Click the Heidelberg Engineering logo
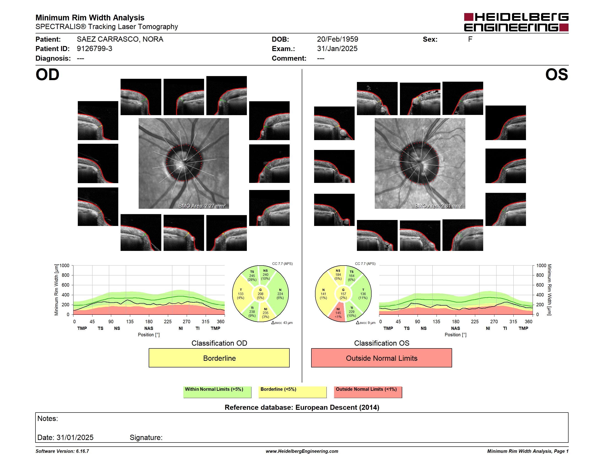pos(516,22)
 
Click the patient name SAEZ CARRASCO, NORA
pos(120,39)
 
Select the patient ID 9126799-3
pos(94,49)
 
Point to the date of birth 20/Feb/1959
pos(337,39)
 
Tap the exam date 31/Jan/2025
pos(337,49)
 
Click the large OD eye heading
pos(47,75)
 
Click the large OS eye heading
pos(556,75)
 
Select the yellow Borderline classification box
pos(219,358)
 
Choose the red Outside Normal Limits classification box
pos(381,358)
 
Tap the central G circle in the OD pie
pos(260,294)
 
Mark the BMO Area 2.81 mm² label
pos(438,206)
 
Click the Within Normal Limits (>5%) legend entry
pos(217,392)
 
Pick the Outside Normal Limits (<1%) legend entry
pos(368,392)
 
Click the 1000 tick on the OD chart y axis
pos(64,266)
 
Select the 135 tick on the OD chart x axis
pos(130,321)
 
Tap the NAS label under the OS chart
pos(456,329)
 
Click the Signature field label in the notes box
pos(146,437)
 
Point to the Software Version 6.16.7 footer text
pos(62,451)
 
